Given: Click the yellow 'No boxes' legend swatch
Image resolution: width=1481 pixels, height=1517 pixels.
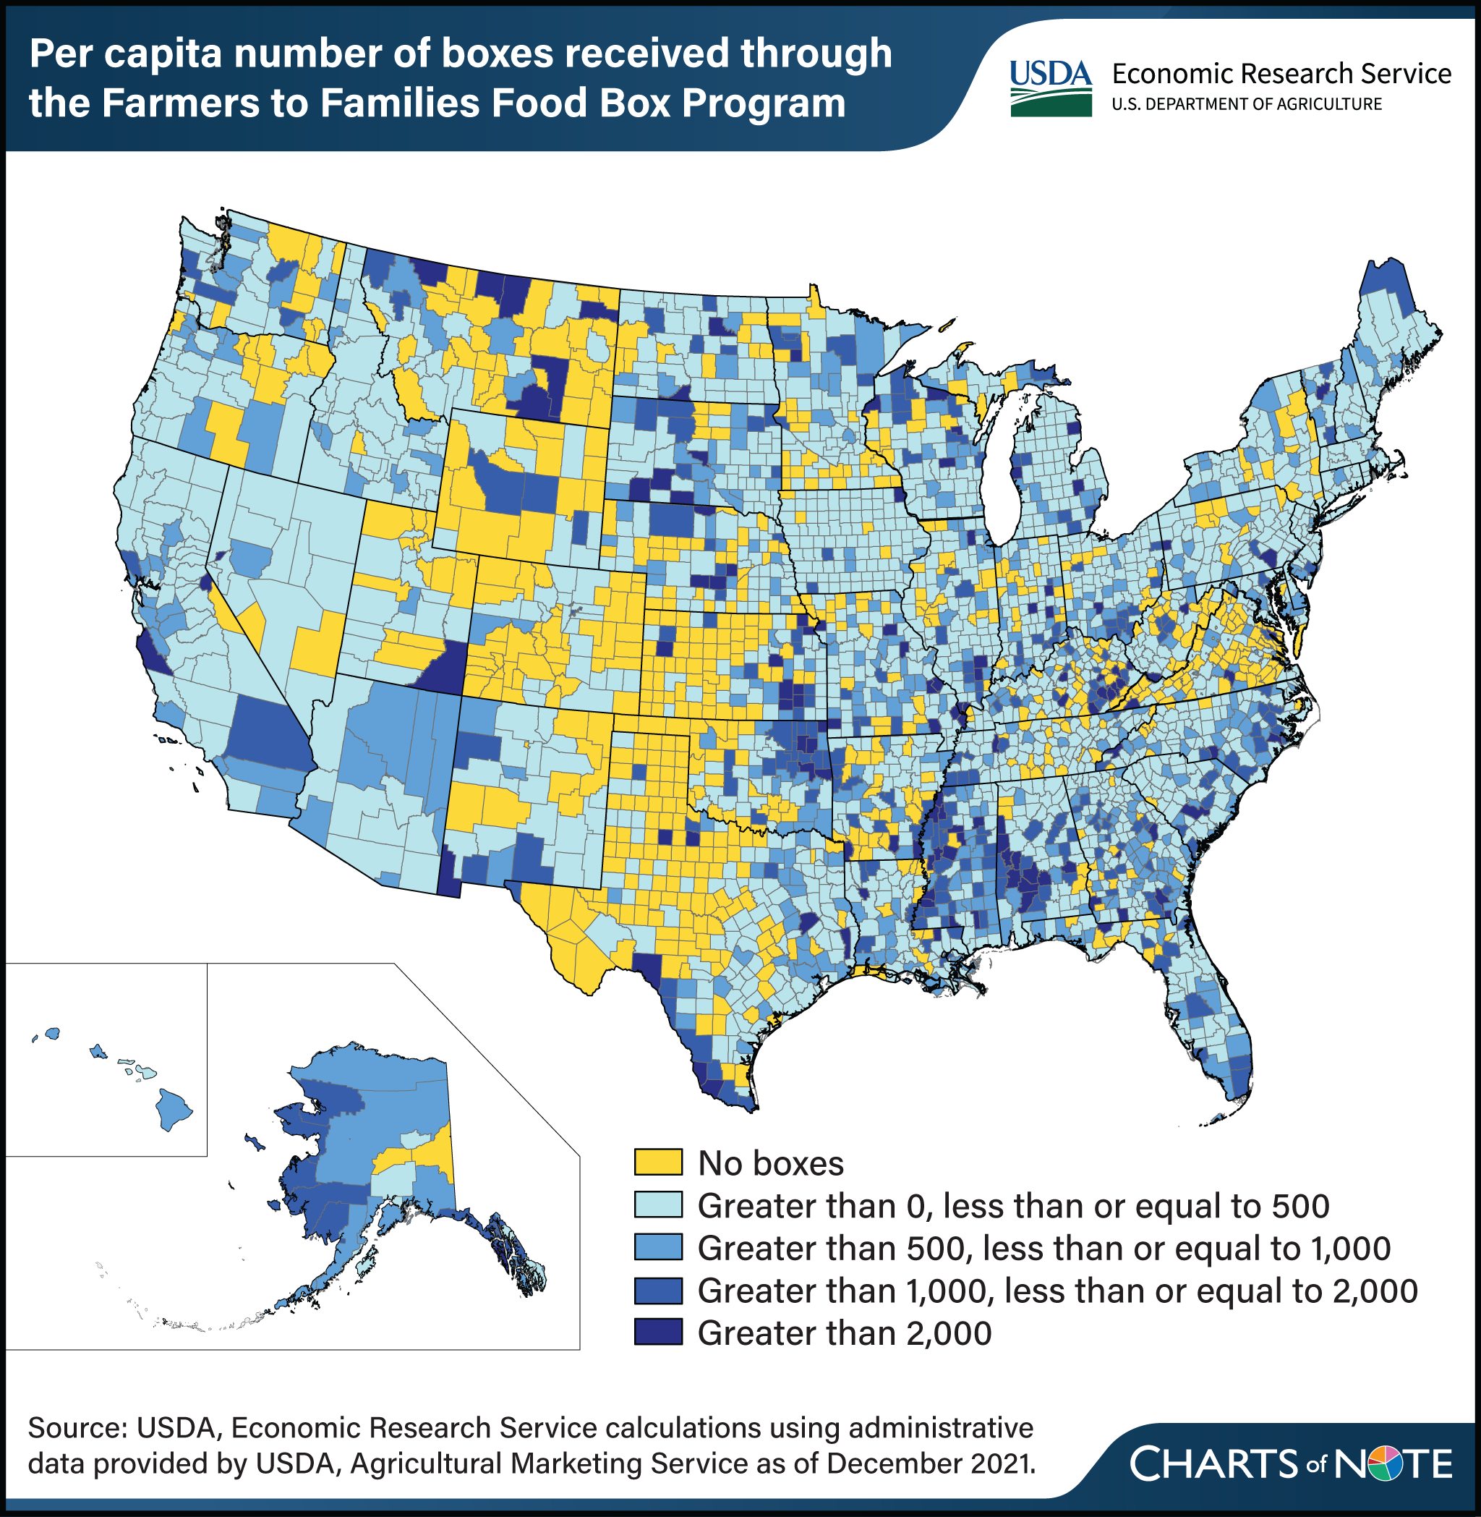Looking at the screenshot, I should click(658, 1163).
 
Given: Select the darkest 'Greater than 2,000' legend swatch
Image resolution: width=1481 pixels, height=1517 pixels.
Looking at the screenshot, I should click(658, 1332).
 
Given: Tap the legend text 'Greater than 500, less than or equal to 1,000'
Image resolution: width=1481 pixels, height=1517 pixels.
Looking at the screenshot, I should click(1043, 1248).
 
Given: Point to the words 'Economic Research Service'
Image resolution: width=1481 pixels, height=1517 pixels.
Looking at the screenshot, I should click(1280, 73).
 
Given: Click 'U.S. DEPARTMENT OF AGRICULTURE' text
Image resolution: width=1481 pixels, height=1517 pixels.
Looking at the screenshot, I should click(1246, 104).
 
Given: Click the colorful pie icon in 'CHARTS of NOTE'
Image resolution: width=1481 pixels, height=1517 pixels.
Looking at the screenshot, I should click(1386, 1464).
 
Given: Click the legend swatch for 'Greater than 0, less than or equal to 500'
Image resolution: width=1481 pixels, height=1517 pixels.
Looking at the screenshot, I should click(658, 1205).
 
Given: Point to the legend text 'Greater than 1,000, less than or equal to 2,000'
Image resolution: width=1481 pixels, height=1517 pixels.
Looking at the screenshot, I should click(1057, 1291).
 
